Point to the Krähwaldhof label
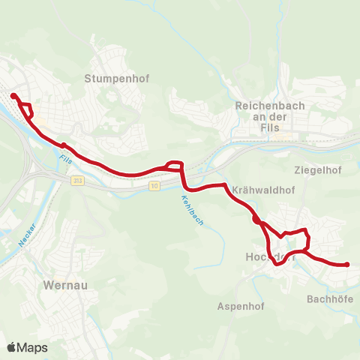tap(262, 190)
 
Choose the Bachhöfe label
tap(328, 298)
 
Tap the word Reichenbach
tap(270, 106)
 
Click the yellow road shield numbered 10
tap(154, 185)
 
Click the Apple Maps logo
tap(27, 348)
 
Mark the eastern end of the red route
tap(347, 264)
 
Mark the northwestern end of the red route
tap(13, 95)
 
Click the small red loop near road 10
tap(174, 165)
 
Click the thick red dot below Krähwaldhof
tap(256, 220)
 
